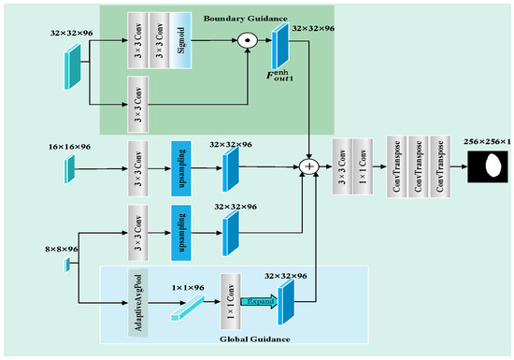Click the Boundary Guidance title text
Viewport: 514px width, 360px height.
pos(242,17)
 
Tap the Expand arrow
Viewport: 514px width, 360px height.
pos(261,302)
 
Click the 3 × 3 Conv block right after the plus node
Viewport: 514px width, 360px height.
pos(343,166)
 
